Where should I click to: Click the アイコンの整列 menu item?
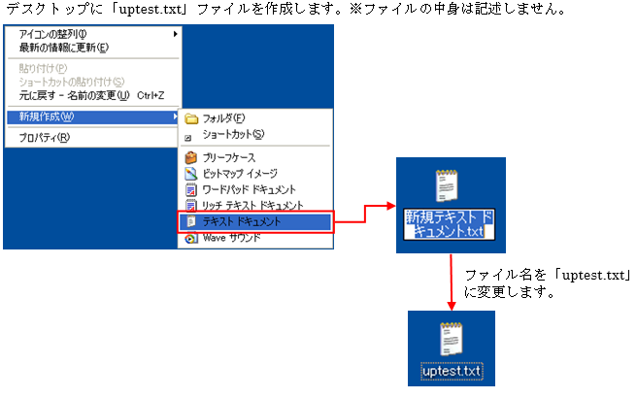(60, 35)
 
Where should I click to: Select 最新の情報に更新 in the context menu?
(64, 48)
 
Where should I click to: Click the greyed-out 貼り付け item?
(44, 68)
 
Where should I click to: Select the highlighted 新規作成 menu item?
(49, 117)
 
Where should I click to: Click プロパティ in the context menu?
(45, 138)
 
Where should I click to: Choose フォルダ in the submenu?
(223, 118)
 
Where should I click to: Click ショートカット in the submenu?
(233, 134)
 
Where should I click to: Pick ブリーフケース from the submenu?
(232, 157)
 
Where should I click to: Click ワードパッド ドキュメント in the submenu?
(249, 189)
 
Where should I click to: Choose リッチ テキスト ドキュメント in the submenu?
(252, 206)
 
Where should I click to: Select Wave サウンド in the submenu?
(231, 238)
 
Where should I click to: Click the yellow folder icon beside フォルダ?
(191, 118)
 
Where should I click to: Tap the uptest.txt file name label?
(453, 373)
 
